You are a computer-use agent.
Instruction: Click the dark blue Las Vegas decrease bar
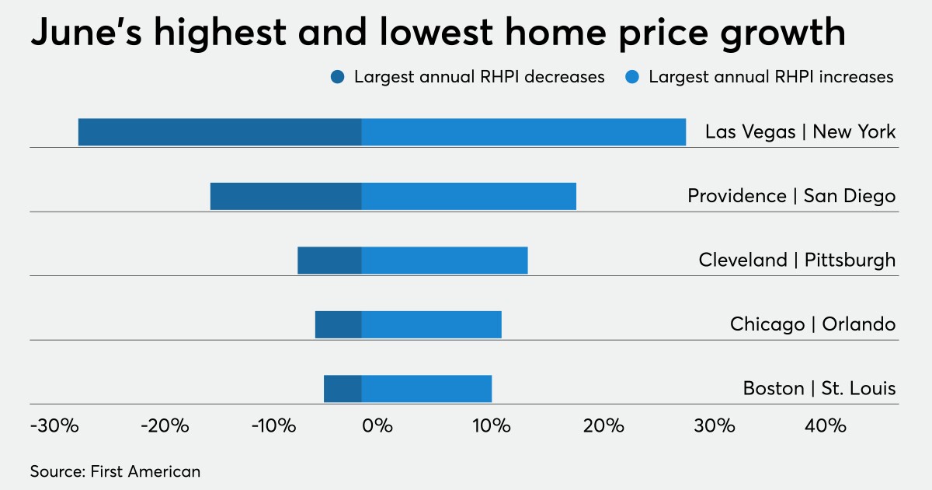220,132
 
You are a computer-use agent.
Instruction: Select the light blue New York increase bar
523,132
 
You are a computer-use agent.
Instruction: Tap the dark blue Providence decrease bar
286,196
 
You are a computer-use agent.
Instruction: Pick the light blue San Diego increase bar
469,196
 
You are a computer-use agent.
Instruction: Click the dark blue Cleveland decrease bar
329,261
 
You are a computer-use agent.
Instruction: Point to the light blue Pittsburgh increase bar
444,261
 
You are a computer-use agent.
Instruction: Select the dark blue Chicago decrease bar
338,324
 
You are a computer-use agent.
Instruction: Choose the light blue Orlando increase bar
431,324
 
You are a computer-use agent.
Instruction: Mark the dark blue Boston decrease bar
343,388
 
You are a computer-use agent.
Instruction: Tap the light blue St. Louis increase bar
426,388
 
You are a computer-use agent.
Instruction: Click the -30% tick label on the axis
54,426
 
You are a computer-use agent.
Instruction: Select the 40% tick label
825,426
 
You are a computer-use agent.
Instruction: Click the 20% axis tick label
603,426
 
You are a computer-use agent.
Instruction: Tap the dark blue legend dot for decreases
338,77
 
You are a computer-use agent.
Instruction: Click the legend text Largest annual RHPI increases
770,77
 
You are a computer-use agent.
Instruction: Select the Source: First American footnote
115,471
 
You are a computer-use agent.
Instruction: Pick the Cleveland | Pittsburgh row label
797,260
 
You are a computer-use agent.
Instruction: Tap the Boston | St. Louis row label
819,387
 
